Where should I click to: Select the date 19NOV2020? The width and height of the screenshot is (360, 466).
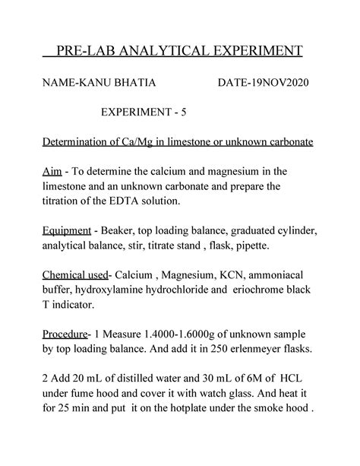276,81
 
